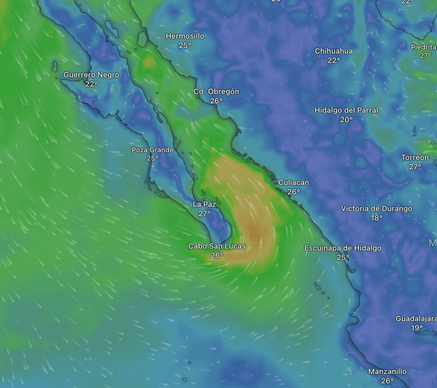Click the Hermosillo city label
(x=185, y=36)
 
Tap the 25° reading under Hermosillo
(x=185, y=46)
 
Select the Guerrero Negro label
(x=91, y=75)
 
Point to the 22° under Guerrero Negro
(x=91, y=84)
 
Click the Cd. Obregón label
(x=216, y=91)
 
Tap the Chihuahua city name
(x=334, y=51)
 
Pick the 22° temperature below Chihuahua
(x=334, y=60)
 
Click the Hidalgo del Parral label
(x=346, y=110)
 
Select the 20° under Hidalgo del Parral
(x=346, y=119)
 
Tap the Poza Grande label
(x=152, y=150)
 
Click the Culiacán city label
(x=293, y=182)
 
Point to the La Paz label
(x=204, y=204)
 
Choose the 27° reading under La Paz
(x=204, y=214)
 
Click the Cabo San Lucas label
(x=217, y=246)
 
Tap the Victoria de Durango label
(x=376, y=208)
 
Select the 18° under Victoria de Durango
(x=376, y=218)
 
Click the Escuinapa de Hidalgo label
(x=343, y=248)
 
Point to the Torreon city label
(x=415, y=157)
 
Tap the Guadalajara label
(x=416, y=319)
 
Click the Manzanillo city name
(x=387, y=371)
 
